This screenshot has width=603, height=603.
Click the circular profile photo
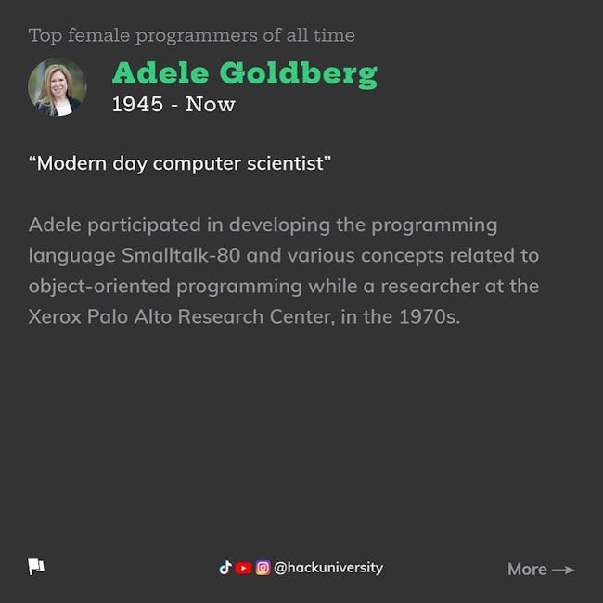pos(58,87)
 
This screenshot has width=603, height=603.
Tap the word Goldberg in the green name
pos(299,74)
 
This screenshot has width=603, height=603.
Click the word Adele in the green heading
pos(160,72)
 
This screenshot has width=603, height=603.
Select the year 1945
pos(137,104)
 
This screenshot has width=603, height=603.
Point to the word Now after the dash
pos(210,104)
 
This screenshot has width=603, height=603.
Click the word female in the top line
pos(99,35)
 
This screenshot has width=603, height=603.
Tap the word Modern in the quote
pos(71,163)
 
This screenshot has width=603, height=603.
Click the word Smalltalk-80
pos(181,255)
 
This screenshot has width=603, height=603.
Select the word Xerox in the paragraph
pos(55,317)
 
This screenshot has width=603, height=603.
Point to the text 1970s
pos(430,317)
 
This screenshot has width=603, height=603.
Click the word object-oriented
pos(99,287)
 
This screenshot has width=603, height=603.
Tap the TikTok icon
pos(225,568)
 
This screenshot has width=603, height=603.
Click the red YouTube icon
pos(243,568)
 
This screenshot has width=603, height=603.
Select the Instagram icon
pos(263,568)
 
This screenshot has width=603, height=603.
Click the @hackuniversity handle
pos(328,568)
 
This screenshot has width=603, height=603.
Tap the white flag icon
pos(36,567)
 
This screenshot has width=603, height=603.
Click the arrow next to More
pos(563,570)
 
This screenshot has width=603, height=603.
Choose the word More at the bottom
pos(527,570)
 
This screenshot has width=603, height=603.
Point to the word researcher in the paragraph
pos(430,286)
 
